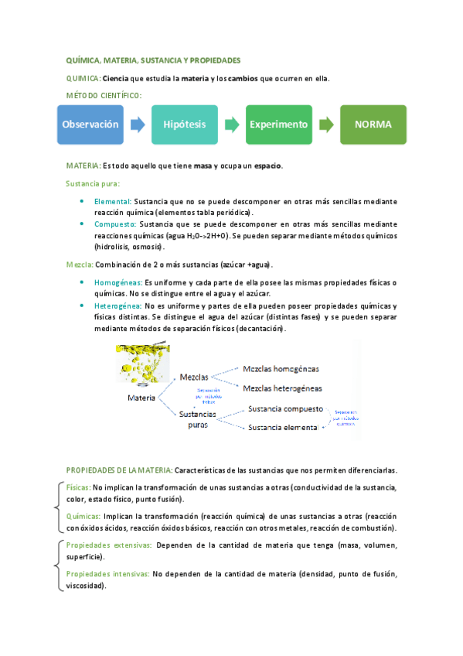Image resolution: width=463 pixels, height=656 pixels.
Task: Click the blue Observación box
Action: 90,125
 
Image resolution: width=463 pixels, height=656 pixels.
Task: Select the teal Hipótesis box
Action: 185,125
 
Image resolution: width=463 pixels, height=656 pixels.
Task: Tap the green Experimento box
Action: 279,125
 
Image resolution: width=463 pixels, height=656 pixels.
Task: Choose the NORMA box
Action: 373,125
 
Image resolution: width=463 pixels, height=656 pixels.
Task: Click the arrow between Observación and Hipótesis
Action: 138,125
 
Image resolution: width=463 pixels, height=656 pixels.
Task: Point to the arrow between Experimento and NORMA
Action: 326,125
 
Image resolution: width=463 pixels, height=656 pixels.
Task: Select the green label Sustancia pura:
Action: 92,183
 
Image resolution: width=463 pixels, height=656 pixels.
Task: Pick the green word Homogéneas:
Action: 118,282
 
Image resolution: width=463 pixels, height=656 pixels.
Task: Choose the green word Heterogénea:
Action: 118,306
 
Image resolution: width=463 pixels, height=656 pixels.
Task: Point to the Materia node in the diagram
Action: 141,398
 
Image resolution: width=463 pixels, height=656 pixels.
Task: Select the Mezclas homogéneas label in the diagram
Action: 281,369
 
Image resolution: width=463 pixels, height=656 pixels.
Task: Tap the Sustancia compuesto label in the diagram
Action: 284,408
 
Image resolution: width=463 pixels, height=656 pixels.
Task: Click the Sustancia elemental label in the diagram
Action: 282,427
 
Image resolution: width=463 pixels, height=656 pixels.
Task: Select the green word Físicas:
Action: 78,488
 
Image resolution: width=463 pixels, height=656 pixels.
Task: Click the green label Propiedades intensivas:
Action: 108,575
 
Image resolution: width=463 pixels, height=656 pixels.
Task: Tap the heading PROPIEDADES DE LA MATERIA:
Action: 120,470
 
